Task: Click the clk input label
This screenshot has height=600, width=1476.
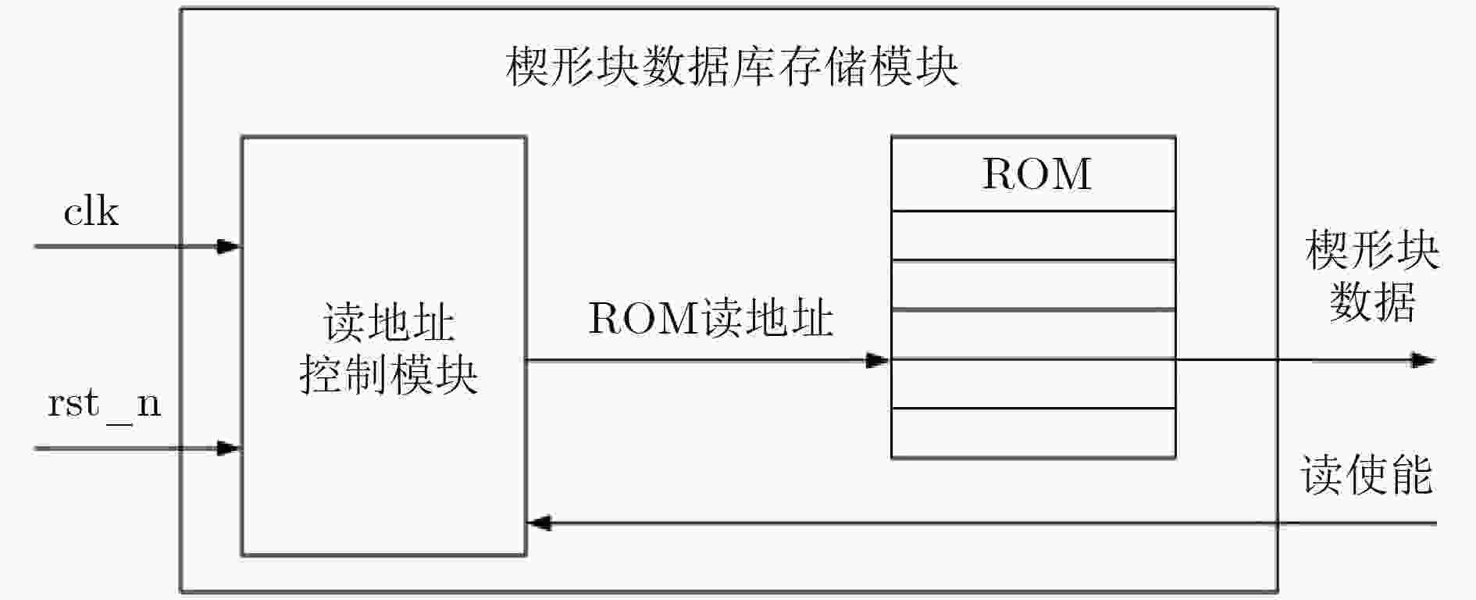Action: coord(91,212)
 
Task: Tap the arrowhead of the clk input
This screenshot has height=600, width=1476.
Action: coord(228,247)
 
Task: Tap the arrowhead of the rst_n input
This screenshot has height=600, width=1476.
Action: coord(228,448)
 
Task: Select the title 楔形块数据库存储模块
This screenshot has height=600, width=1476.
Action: coord(732,67)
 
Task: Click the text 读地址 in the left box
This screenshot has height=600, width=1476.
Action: coord(388,323)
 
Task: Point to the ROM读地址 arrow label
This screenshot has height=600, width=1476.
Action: coord(710,318)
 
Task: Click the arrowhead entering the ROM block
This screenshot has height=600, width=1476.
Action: coord(878,360)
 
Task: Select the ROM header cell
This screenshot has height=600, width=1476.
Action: coord(1033,174)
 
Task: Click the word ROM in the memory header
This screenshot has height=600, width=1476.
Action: coord(1036,174)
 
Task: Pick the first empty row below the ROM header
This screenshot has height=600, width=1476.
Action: coord(1033,235)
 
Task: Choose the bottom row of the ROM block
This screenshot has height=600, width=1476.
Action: coord(1033,433)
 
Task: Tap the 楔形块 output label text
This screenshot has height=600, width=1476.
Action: coord(1372,250)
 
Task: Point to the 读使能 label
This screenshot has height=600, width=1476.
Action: coord(1367,474)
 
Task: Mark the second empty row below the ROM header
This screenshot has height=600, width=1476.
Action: coord(1033,284)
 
